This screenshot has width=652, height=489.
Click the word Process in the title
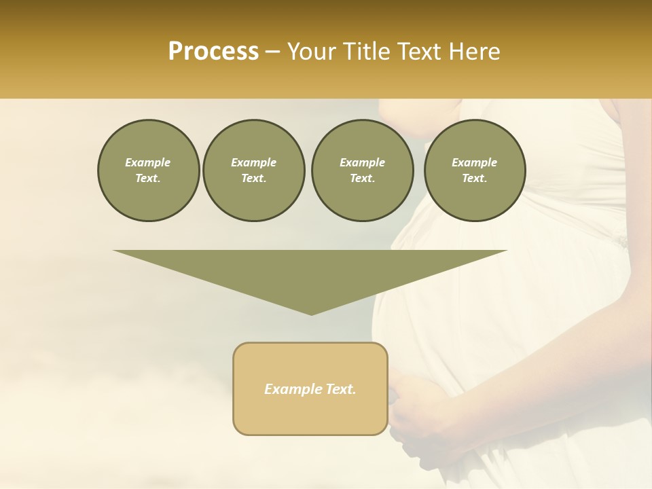pos(213,52)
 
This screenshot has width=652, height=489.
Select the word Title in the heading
pos(367,52)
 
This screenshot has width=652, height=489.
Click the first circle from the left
pos(148,170)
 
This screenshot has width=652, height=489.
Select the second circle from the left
pos(253,170)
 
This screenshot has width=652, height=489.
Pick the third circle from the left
pos(362,170)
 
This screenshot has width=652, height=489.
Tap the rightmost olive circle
pos(475,170)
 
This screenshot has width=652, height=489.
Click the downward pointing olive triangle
pos(310,272)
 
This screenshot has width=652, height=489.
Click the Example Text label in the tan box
pos(310,389)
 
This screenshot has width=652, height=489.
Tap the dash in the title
pos(272,52)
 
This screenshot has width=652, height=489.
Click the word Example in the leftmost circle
pos(148,162)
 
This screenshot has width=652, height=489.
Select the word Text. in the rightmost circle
pos(475,179)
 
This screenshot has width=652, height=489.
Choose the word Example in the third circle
pos(362,162)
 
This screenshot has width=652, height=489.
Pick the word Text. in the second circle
pos(253,179)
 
